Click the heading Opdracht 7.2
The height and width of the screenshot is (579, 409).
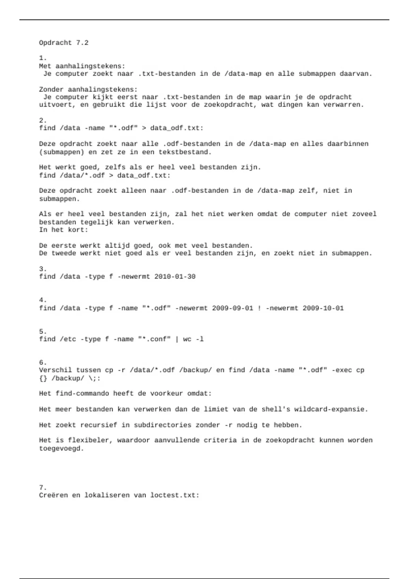64,43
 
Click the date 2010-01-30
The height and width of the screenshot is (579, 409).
175,277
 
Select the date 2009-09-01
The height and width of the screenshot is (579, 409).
232,308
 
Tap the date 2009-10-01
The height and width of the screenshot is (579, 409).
323,308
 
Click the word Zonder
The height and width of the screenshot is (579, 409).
51,90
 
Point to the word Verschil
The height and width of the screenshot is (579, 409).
55,370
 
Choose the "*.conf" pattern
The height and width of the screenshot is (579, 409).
154,339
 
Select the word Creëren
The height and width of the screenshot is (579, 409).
53,495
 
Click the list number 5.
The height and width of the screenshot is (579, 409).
43,331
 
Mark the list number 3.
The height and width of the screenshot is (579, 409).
43,269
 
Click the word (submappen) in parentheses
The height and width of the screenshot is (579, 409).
61,152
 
